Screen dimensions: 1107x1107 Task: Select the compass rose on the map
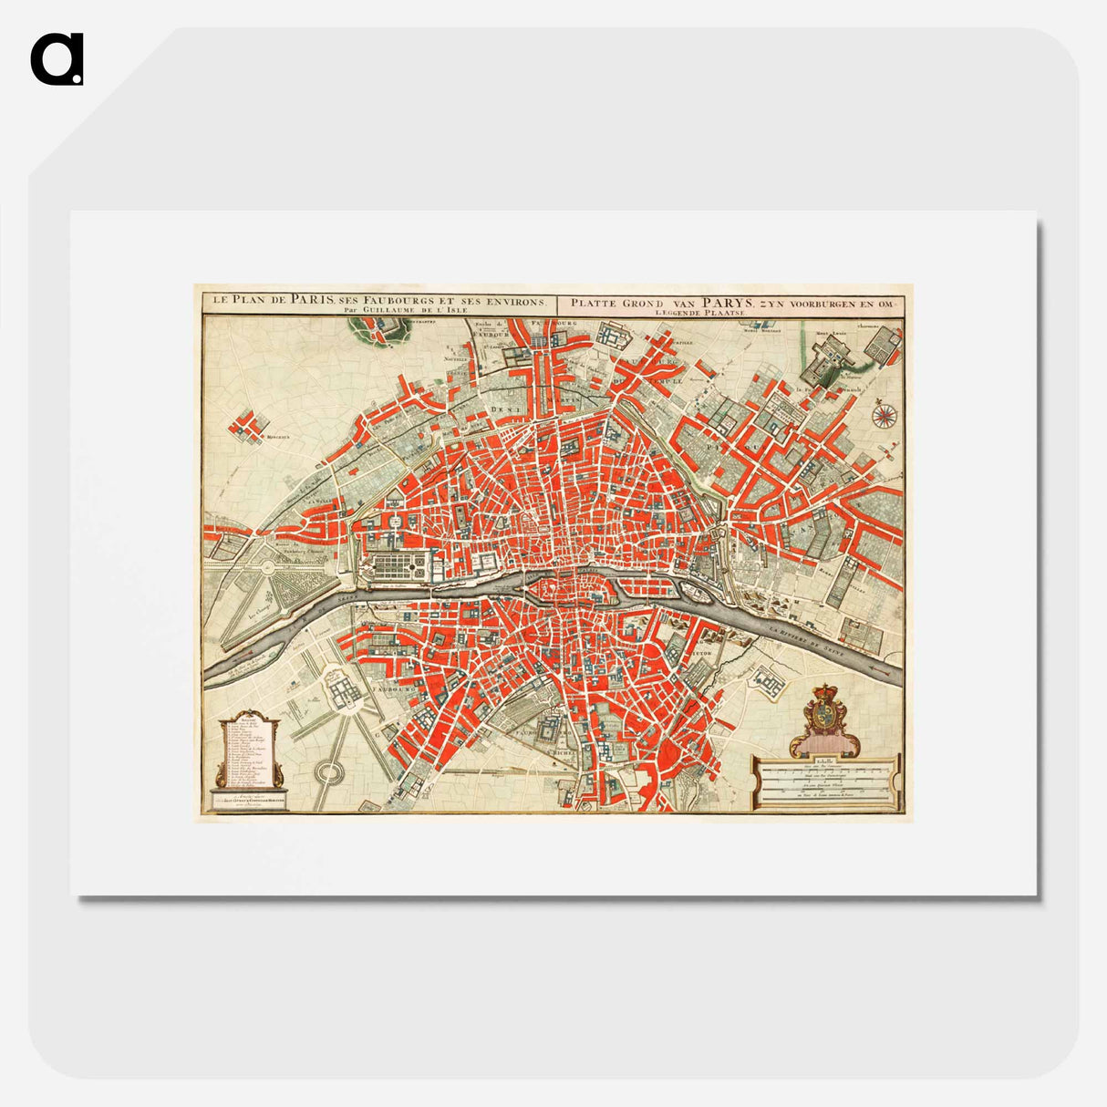[884, 415]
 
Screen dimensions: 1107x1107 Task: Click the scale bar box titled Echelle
[825, 782]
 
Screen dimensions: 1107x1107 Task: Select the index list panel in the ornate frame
[249, 753]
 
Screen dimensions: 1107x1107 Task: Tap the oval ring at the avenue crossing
[328, 773]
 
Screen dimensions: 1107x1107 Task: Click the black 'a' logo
[57, 59]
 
